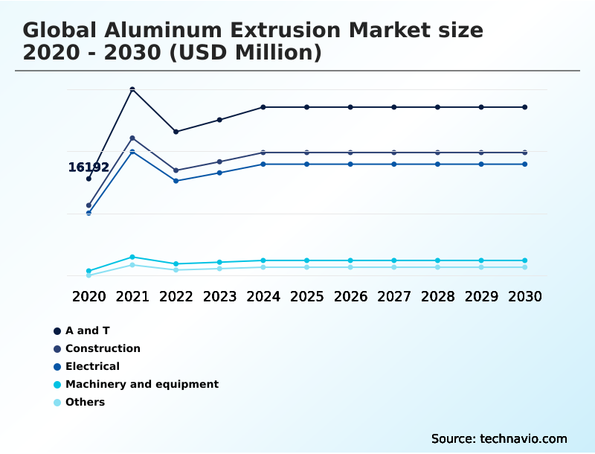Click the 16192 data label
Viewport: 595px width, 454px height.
(89, 167)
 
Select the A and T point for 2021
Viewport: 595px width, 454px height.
(132, 90)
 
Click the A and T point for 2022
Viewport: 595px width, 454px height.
(176, 132)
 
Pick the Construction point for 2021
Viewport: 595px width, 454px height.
(132, 138)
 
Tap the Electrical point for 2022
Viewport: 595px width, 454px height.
(176, 181)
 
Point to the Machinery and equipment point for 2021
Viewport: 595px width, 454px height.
(132, 257)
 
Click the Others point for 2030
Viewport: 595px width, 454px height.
(524, 267)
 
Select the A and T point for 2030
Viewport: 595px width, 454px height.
(524, 107)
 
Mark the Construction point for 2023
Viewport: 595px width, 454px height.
(219, 162)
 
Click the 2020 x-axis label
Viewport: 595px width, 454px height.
(89, 296)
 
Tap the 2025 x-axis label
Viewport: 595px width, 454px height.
(306, 296)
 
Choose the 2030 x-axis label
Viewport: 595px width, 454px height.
(524, 296)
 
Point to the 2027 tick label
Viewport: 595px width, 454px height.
(393, 296)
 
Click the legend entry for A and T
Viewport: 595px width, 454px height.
(87, 330)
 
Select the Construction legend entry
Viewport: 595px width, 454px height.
(103, 348)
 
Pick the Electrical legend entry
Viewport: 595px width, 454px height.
(92, 366)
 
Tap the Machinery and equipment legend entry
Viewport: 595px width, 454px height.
(141, 384)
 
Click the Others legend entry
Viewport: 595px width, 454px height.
(85, 402)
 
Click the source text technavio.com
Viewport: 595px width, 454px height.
(524, 438)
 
